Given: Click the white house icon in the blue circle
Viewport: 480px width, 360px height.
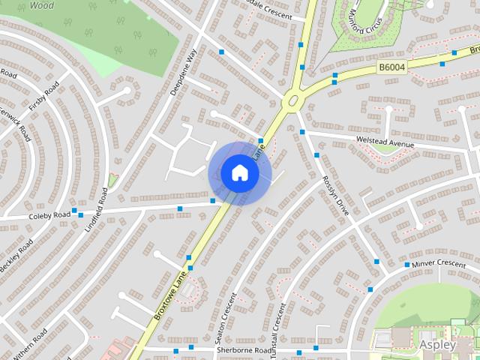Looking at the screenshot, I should click(240, 173).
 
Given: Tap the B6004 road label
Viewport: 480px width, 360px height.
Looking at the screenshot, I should click(392, 67).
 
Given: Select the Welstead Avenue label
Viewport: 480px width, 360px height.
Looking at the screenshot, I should click(387, 142).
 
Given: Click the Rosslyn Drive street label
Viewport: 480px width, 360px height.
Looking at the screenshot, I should click(335, 196).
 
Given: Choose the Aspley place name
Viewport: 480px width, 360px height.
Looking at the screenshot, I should click(437, 345).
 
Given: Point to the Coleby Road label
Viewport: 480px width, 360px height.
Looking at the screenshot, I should click(49, 215).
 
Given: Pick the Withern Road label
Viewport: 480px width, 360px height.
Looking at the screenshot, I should click(29, 343).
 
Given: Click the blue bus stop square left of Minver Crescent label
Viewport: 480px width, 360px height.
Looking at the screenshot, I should click(407, 265).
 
